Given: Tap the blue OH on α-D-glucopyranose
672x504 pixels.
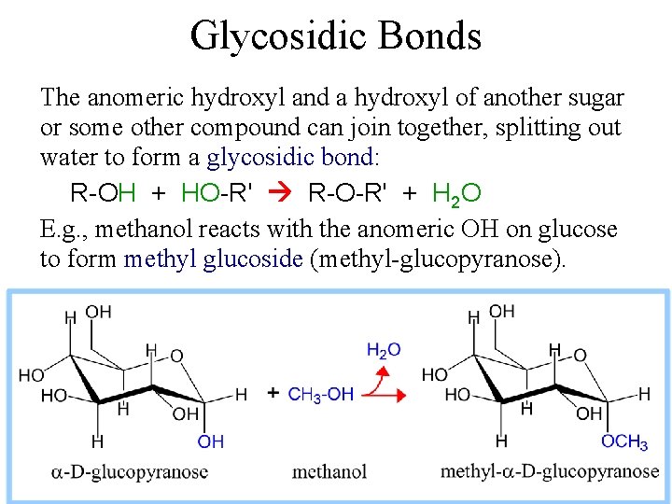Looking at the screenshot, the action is coord(211,441).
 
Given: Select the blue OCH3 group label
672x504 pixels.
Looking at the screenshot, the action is coord(624,441).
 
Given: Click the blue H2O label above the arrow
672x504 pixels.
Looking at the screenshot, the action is coord(384,350).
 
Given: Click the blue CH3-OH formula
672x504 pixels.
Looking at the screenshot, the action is coord(320,395).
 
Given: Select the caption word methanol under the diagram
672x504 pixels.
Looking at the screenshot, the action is coord(329,471).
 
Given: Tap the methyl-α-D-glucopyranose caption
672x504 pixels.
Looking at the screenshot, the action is coord(550,471).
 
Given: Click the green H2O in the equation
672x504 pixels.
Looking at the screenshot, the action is coord(457,193).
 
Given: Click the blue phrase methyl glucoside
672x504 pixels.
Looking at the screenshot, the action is coord(213,259).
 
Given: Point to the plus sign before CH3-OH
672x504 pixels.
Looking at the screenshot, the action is coord(273,394).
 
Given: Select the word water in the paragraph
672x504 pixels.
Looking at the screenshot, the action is coord(67,157).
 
